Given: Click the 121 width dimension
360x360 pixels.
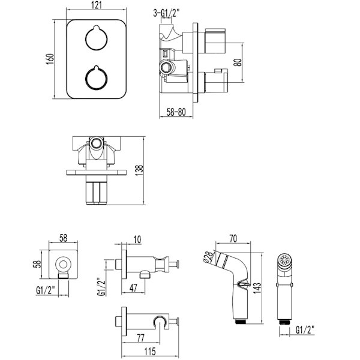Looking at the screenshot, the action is tap(97, 5).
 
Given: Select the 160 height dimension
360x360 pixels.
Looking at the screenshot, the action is tap(50, 59).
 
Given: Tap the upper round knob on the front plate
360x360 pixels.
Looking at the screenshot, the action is tap(97, 38).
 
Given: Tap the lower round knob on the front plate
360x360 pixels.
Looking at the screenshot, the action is tap(97, 78).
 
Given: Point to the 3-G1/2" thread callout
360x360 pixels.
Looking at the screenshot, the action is tap(166, 14).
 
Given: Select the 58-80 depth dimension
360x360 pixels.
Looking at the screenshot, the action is tap(176, 112).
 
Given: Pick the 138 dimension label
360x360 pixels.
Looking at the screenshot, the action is tap(139, 170).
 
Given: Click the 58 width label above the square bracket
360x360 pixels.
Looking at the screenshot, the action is tap(63, 238).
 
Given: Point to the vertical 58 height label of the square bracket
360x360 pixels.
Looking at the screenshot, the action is tap(37, 264).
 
